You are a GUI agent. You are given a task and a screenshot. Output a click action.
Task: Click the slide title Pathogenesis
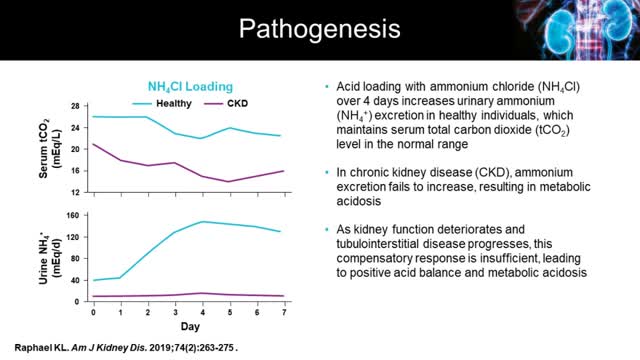click(x=319, y=29)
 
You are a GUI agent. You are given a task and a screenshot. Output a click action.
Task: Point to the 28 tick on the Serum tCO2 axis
click(x=74, y=105)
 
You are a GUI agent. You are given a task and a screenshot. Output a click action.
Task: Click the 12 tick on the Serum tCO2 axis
click(x=74, y=192)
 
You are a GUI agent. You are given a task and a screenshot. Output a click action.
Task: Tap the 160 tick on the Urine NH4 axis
click(x=72, y=215)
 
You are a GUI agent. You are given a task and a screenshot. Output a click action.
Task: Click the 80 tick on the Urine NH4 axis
click(x=74, y=258)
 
